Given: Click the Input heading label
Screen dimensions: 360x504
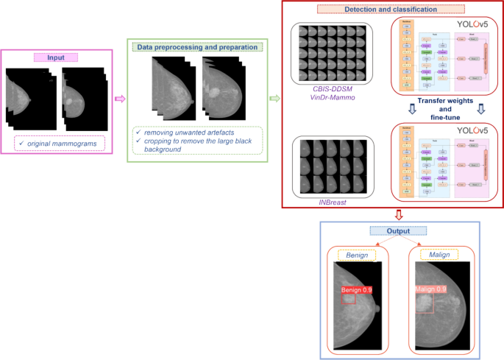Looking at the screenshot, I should point(59,57).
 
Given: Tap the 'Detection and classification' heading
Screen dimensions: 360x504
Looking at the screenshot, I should point(390,9).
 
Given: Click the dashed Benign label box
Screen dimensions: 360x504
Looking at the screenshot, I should point(357,255).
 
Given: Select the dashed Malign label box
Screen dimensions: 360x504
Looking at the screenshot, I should point(439,255).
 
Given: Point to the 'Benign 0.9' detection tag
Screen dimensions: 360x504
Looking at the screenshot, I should point(357,291).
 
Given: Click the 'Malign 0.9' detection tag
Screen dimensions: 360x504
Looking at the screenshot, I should point(431,289).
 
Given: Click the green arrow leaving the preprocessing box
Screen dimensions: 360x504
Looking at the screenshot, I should point(275,98).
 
